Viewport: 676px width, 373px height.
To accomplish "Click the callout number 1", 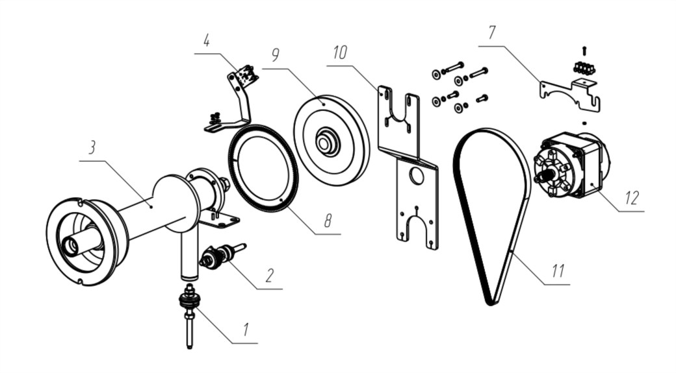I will coord(246,330).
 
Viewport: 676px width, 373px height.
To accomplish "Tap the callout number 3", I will coord(92,147).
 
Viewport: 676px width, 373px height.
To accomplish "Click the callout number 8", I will coord(328,221).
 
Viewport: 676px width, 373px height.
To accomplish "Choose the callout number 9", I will coord(276,54).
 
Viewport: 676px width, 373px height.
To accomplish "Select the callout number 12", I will coord(630,197).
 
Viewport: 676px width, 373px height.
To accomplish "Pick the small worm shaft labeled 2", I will coord(221,256).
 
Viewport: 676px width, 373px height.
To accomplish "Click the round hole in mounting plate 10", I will coord(417,175).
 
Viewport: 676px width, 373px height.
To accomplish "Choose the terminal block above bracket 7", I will coord(584,67).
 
